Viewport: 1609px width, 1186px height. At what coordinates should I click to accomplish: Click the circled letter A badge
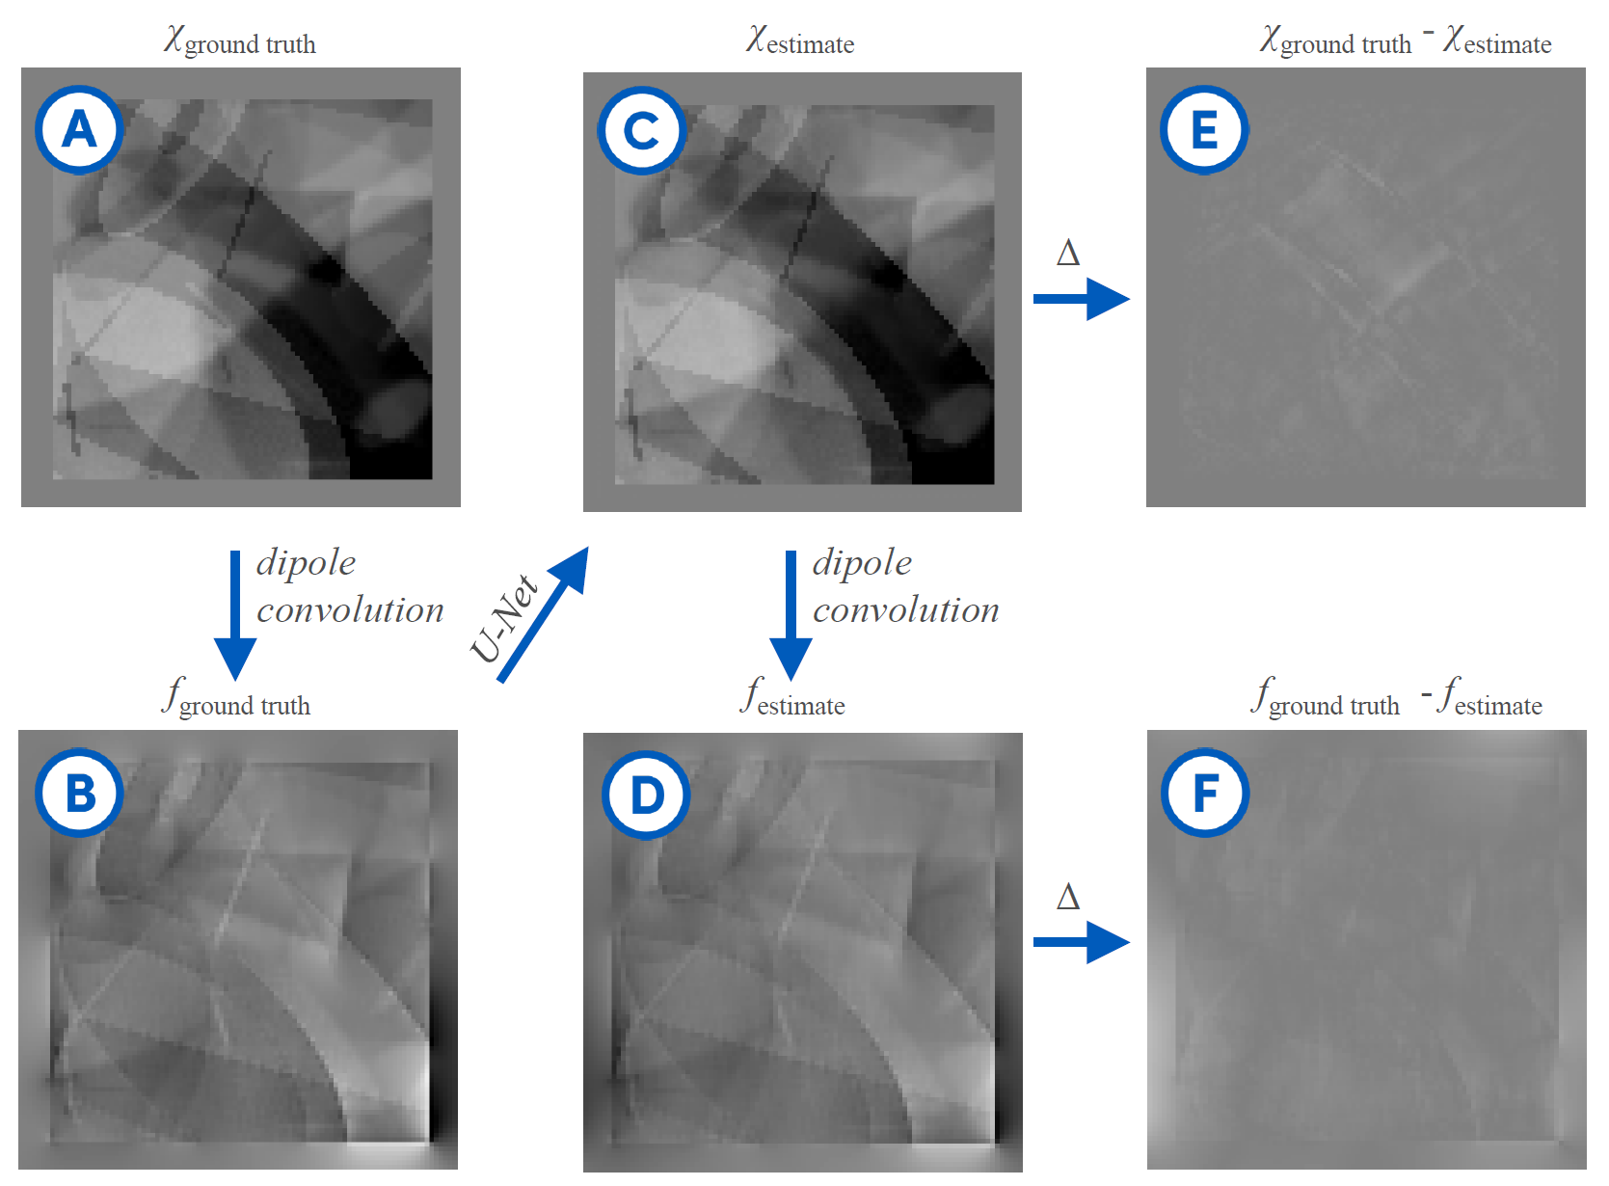pos(79,129)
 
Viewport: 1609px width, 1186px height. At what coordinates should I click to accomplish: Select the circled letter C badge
pos(641,130)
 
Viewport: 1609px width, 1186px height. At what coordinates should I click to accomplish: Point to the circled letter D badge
pos(646,795)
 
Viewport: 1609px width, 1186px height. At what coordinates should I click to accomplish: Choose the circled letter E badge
pos(1204,129)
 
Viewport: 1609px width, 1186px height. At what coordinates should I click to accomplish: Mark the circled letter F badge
pos(1205,793)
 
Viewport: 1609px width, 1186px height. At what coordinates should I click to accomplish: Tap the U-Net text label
pos(503,619)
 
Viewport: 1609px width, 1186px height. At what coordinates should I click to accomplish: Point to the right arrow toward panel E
pos(1081,299)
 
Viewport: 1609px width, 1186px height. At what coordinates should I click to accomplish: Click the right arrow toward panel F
pos(1081,942)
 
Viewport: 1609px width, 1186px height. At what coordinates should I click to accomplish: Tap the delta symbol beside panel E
pos(1067,254)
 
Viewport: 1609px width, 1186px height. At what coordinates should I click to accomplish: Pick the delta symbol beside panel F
pos(1067,898)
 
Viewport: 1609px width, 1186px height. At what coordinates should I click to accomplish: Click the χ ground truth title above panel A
pos(240,41)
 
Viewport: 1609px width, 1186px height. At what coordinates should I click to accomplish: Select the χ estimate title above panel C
pos(800,41)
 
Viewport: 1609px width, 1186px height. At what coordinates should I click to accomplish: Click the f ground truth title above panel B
pos(237,699)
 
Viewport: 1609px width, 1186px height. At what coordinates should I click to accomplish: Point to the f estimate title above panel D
pos(792,699)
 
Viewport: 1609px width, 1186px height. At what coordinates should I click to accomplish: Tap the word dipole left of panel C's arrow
pos(862,563)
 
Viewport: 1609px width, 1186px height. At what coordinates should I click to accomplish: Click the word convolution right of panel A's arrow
pos(350,610)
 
